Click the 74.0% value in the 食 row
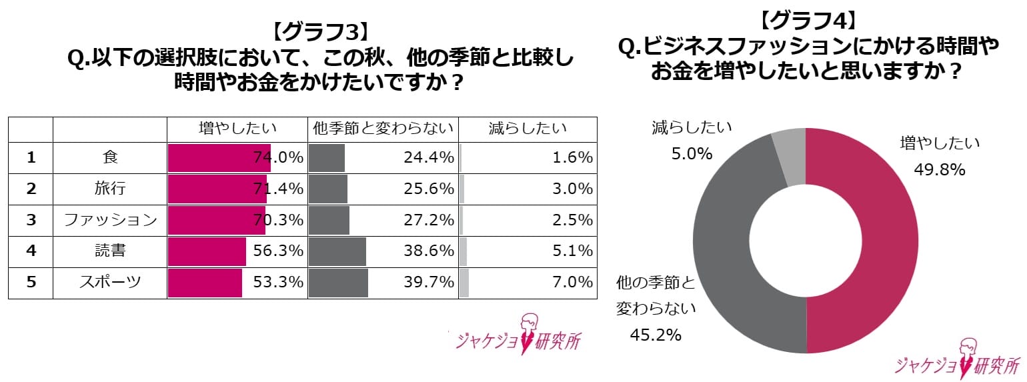point(279,158)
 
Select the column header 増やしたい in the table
point(237,129)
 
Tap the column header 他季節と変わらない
point(383,129)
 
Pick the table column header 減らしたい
point(527,129)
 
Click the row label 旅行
point(110,189)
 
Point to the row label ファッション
point(110,220)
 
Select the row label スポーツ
point(110,282)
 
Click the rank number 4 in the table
point(31,251)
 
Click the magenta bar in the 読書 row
point(207,251)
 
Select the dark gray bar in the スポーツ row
point(339,283)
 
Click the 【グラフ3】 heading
point(321,31)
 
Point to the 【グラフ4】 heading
point(808,21)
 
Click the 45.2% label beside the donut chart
point(655,335)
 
